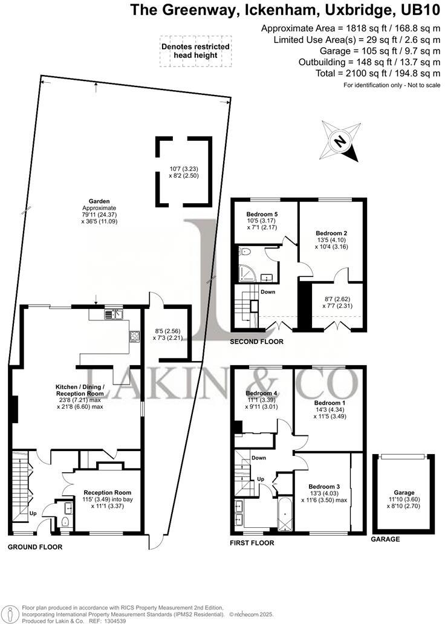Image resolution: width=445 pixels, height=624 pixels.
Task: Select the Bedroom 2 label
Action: pos(332,232)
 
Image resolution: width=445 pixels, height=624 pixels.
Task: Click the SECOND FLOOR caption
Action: pos(257,342)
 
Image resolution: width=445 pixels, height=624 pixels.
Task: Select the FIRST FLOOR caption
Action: pos(252,543)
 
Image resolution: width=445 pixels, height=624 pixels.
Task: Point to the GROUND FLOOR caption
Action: pos(34,547)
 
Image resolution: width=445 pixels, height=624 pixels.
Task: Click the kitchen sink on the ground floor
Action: pos(113,314)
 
